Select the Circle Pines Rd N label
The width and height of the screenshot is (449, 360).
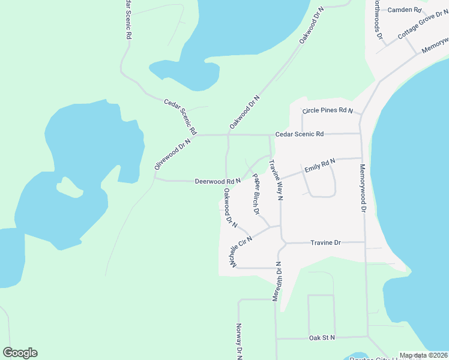[328, 110]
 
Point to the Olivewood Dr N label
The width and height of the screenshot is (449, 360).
[172, 154]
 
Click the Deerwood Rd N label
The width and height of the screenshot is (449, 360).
[217, 181]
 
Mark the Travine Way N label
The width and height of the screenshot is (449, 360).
[276, 179]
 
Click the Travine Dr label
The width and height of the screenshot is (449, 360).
[325, 242]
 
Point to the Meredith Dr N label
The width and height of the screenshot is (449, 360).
[277, 282]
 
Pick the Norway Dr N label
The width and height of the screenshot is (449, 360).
[238, 342]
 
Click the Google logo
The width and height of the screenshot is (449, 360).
[20, 353]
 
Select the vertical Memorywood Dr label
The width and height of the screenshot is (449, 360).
[363, 188]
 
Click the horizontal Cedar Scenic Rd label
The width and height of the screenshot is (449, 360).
[300, 134]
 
